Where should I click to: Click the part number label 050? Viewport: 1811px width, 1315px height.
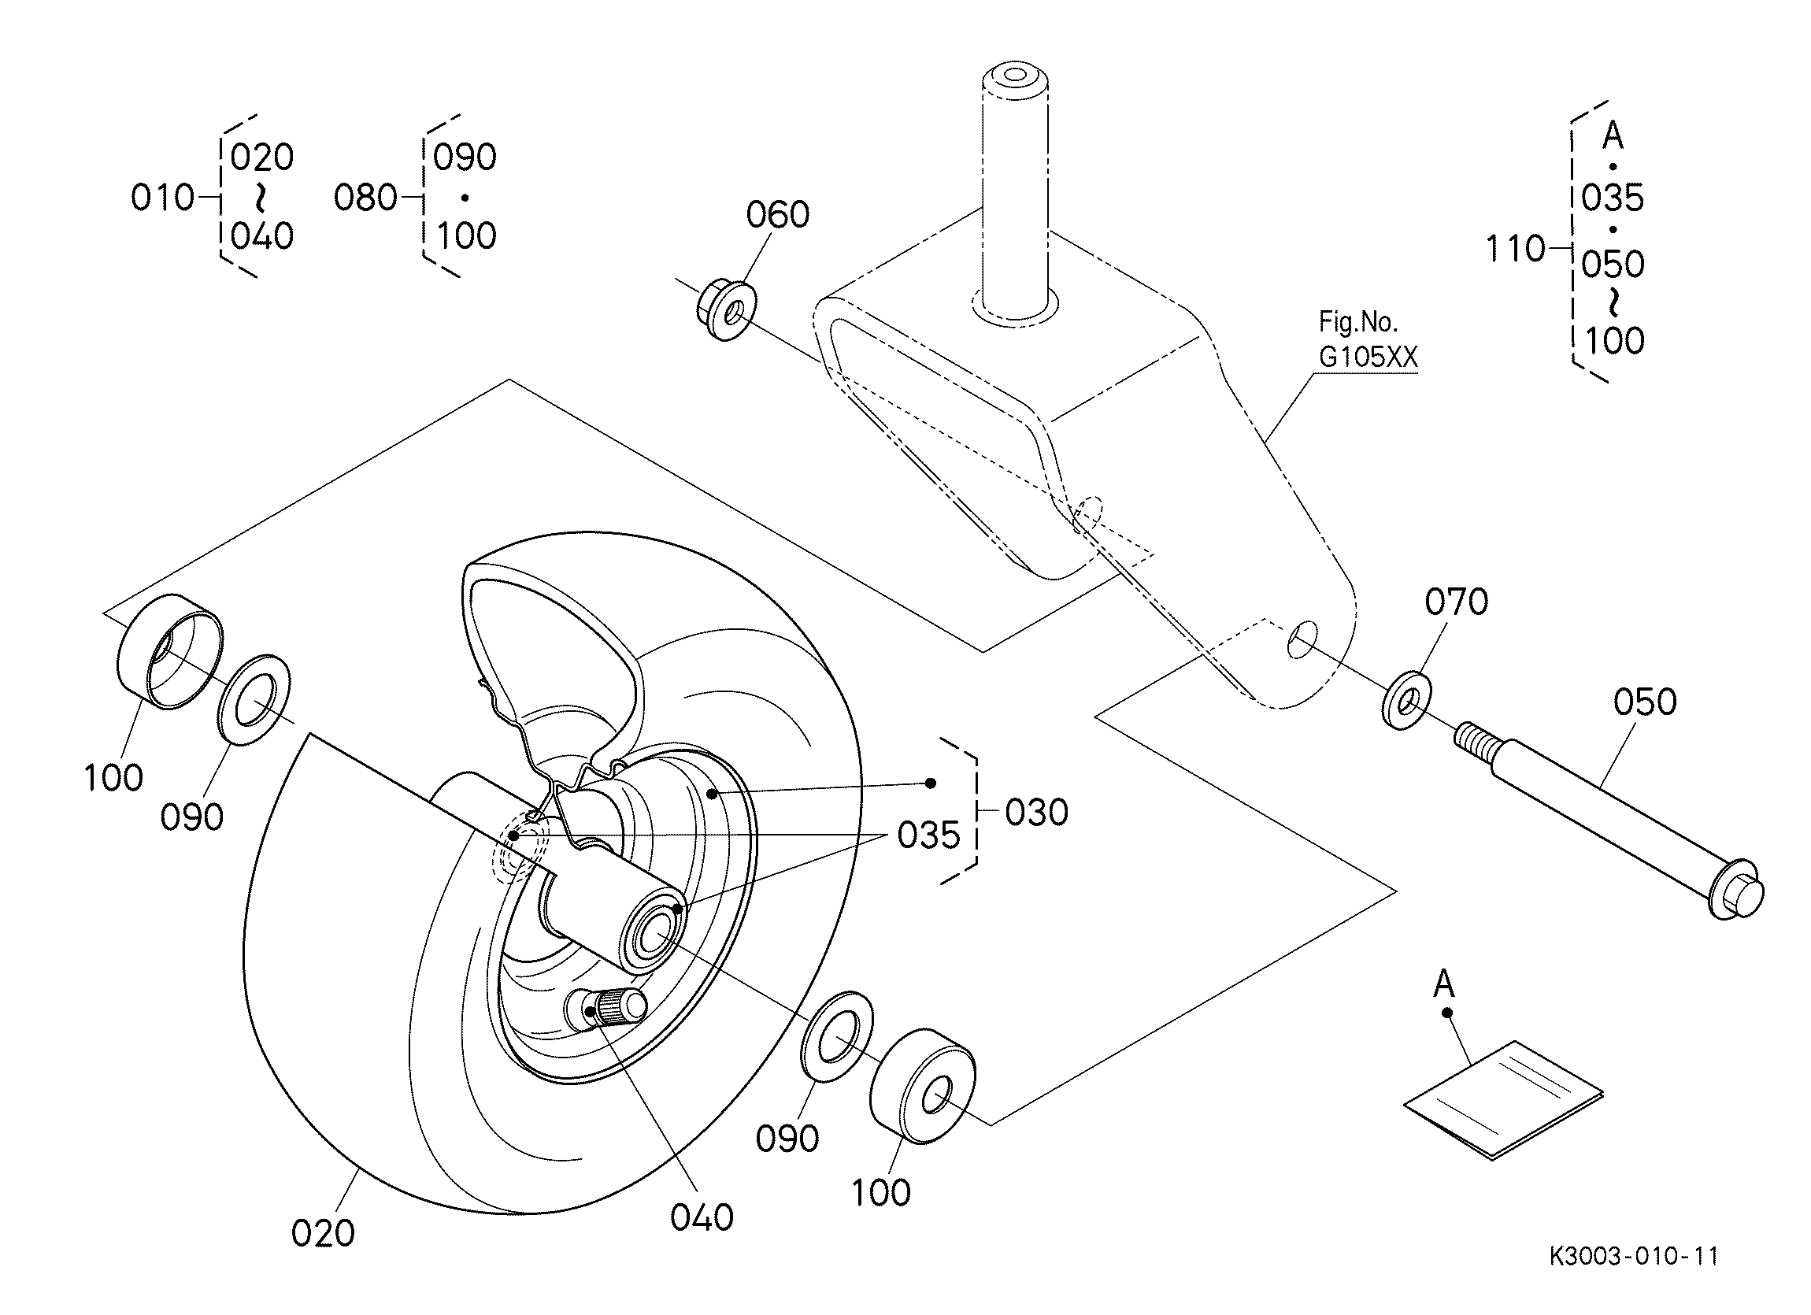coord(1644,702)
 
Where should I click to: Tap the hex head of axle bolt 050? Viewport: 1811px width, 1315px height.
coord(1737,891)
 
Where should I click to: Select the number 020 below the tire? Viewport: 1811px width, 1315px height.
coord(323,1234)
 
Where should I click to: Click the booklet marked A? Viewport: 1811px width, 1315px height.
coord(1503,1098)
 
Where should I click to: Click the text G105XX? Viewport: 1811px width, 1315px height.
coord(1368,357)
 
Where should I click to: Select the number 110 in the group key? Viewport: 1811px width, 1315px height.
coord(1515,249)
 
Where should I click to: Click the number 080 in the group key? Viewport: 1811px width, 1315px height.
coord(365,197)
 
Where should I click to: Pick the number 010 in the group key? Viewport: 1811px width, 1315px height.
coord(162,197)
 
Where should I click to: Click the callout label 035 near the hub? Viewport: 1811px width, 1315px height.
coord(928,835)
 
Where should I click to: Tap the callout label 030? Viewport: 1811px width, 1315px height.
coord(1035,812)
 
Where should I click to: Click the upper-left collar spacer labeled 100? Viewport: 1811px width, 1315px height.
coord(170,650)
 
